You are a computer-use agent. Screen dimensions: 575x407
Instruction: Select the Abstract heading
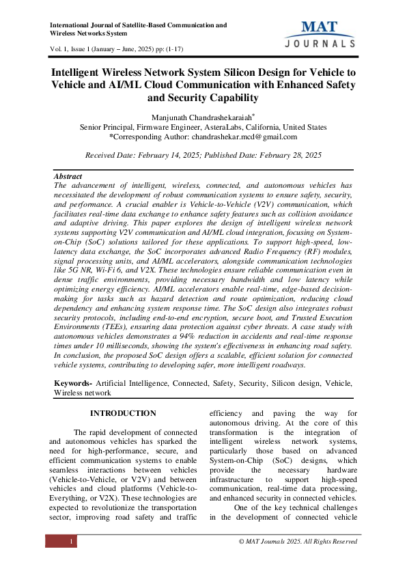(68, 176)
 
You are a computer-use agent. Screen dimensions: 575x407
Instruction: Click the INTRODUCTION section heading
(123, 413)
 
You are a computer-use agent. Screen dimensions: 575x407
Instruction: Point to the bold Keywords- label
(73, 384)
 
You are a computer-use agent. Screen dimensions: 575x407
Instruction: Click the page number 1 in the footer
(71, 542)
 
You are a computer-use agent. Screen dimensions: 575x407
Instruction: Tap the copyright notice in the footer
(297, 542)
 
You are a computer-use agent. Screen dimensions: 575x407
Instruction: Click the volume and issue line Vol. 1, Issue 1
(117, 49)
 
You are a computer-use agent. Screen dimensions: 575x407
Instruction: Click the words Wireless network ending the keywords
(83, 393)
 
